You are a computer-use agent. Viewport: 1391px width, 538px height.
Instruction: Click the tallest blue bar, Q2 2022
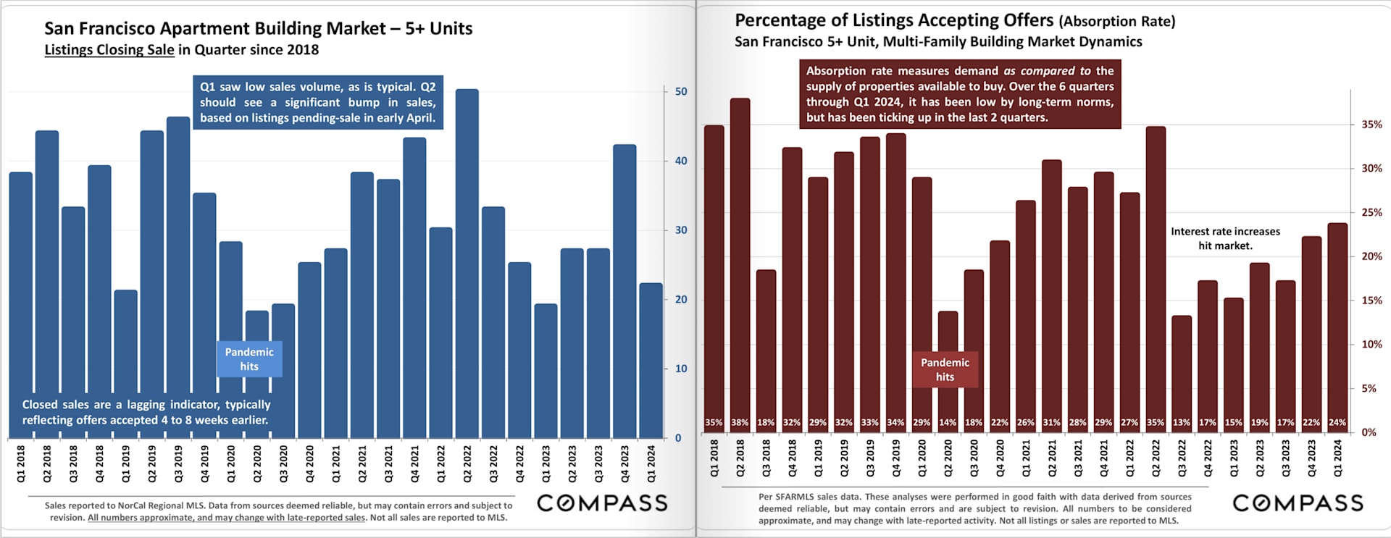point(467,261)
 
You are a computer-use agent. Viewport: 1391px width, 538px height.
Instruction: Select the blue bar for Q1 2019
point(125,362)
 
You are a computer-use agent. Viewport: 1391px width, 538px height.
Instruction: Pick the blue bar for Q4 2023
point(625,290)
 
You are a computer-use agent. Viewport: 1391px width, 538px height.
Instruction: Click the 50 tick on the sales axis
point(681,92)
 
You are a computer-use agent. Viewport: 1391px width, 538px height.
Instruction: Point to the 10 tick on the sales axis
point(681,369)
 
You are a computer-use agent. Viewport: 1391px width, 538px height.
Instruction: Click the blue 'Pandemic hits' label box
point(249,359)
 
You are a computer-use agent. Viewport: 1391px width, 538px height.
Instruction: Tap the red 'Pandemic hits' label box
point(945,369)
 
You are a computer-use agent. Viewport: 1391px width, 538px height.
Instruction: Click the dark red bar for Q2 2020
point(948,362)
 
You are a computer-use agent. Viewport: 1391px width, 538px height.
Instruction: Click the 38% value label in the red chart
point(740,422)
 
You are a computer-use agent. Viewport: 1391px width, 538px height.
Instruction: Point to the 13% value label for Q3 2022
point(1181,422)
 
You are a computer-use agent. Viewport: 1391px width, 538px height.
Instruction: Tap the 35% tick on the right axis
point(1371,125)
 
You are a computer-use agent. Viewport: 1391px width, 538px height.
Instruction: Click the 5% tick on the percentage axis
point(1369,388)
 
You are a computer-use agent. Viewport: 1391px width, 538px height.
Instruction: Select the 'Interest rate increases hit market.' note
point(1225,238)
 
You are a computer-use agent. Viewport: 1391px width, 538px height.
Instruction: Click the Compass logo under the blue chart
point(602,503)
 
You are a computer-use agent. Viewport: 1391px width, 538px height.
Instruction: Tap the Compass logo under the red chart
point(1298,503)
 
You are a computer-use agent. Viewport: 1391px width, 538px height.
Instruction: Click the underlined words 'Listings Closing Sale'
point(109,50)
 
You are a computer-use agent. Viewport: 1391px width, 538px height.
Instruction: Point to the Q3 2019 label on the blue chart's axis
point(178,464)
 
